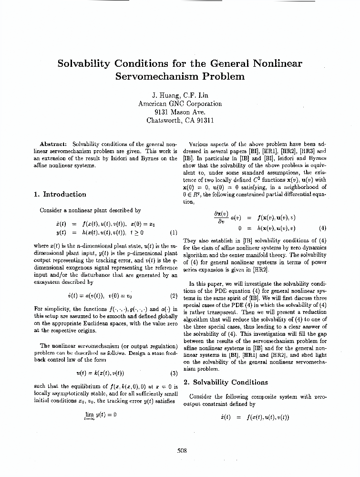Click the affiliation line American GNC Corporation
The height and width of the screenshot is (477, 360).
pos(180,103)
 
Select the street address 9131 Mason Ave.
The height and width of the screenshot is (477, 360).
pos(180,112)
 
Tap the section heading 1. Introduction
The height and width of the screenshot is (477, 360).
pos(60,194)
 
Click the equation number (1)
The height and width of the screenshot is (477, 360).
pos(174,233)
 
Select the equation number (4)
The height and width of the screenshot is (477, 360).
pos(322,228)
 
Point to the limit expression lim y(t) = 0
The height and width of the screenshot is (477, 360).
pos(100,415)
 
